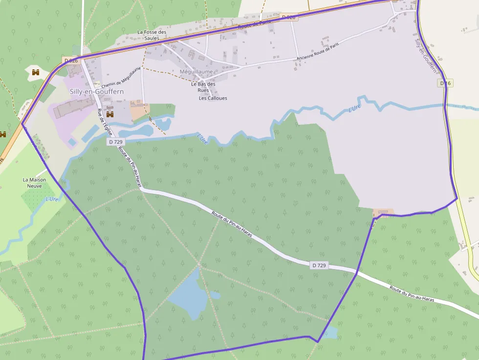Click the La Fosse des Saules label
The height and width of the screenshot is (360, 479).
152,35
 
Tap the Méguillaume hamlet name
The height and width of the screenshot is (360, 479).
196,71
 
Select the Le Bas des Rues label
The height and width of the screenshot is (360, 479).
203,87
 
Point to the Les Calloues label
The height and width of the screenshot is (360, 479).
213,98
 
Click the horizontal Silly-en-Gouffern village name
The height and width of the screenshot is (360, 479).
97,91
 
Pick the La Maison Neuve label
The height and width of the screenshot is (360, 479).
35,183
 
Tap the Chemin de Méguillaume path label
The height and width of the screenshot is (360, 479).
121,78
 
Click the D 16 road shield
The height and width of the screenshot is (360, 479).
445,84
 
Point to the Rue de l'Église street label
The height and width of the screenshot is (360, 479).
105,122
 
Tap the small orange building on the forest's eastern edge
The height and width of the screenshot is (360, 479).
383,212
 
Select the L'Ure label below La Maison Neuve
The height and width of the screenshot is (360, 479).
52,199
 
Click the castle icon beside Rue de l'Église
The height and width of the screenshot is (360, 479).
109,114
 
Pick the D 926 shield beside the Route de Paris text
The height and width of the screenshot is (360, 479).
289,17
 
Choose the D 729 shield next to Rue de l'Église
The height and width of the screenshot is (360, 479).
116,142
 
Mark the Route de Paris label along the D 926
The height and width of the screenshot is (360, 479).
254,25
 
